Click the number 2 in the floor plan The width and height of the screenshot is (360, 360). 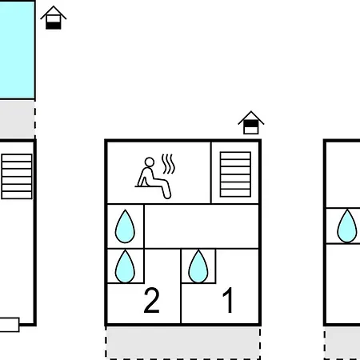pyautogui.click(x=151, y=300)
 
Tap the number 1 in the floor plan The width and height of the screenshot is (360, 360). pyautogui.click(x=228, y=300)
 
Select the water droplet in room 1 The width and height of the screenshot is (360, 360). pyautogui.click(x=198, y=266)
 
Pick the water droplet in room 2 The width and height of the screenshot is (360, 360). pyautogui.click(x=125, y=266)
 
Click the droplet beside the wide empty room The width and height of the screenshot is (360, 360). pyautogui.click(x=125, y=226)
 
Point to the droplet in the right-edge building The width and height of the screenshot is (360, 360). pyautogui.click(x=347, y=226)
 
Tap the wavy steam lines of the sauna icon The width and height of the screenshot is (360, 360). pyautogui.click(x=168, y=164)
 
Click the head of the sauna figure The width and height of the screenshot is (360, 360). pyautogui.click(x=150, y=162)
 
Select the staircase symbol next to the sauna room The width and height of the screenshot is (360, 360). pyautogui.click(x=235, y=174)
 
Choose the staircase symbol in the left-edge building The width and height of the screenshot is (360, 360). pyautogui.click(x=17, y=176)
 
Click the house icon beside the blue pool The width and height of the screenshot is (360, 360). pyautogui.click(x=54, y=18)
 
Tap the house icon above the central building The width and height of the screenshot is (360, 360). pyautogui.click(x=251, y=122)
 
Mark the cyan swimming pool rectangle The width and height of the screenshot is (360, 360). pyautogui.click(x=17, y=50)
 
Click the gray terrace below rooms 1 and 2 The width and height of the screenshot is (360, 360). pyautogui.click(x=183, y=342)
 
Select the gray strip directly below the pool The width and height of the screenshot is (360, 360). pyautogui.click(x=17, y=119)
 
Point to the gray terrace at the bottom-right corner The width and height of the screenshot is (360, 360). pyautogui.click(x=342, y=343)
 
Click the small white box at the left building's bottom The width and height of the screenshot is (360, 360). pyautogui.click(x=10, y=325)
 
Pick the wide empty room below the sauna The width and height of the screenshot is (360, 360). pyautogui.click(x=202, y=226)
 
